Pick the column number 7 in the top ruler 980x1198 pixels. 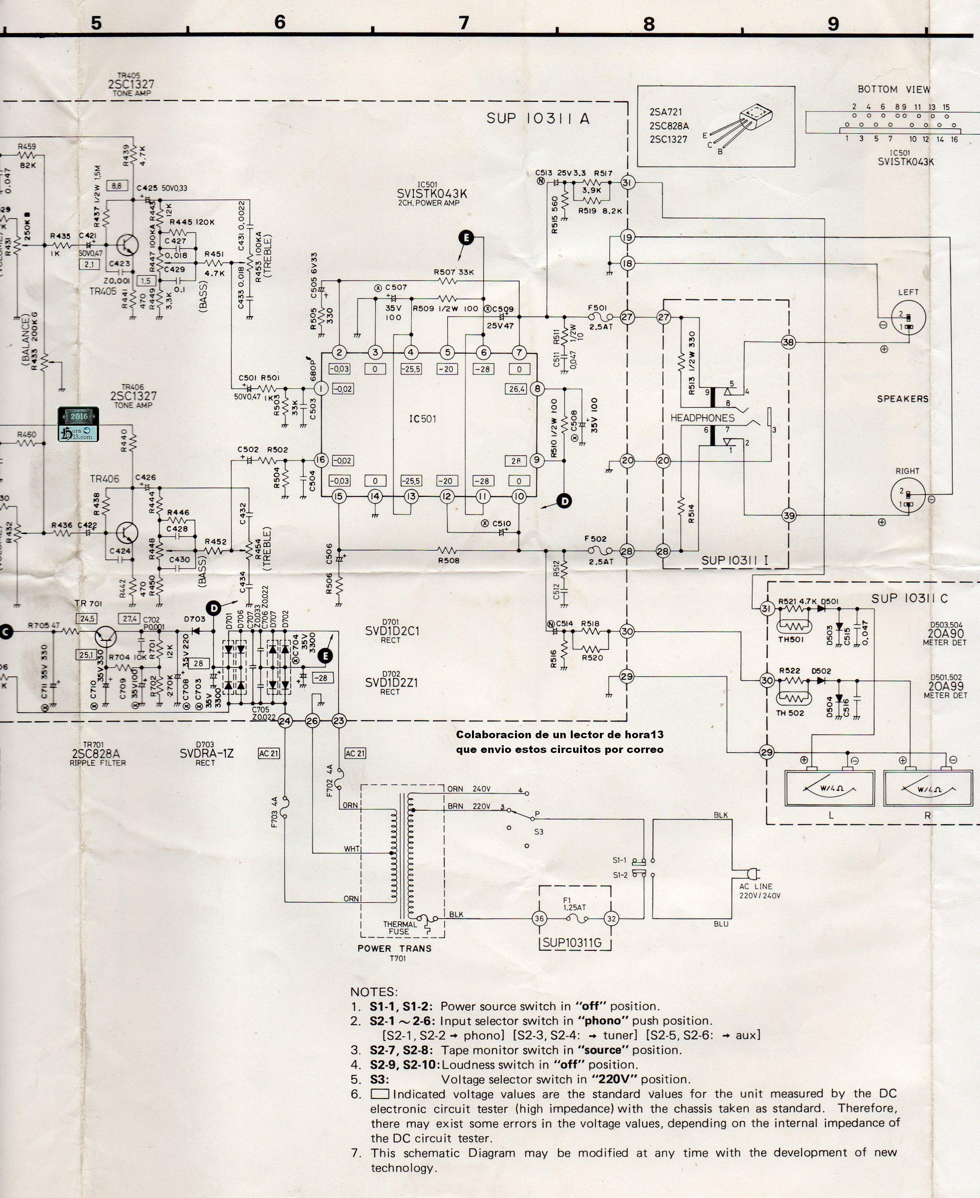(463, 22)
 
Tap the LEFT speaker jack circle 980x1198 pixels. (908, 318)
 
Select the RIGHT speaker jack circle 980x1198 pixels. (908, 494)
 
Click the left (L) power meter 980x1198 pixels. (829, 788)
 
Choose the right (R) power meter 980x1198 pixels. (928, 788)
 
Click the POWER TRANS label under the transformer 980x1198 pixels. (394, 949)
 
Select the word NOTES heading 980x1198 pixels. (374, 992)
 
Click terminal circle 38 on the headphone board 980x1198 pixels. (788, 342)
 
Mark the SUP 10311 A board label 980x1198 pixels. (537, 119)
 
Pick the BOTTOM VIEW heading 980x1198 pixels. (894, 89)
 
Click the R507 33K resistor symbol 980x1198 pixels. (448, 280)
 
